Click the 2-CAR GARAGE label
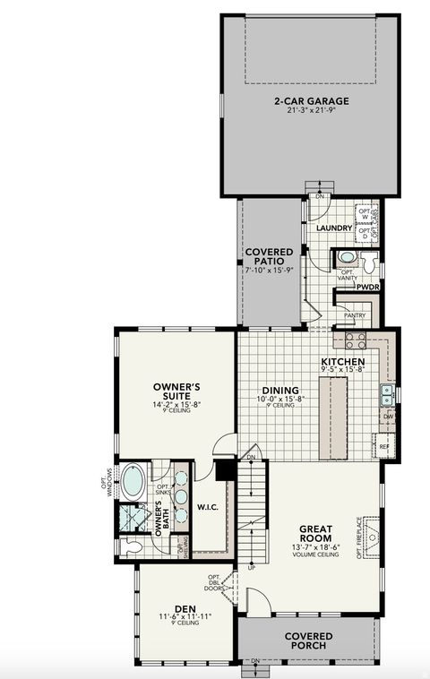tap(311, 100)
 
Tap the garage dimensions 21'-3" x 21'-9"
tap(311, 110)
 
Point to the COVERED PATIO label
tap(267, 259)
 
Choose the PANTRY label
tap(355, 315)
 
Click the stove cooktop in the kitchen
tap(355, 340)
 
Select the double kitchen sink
tap(387, 391)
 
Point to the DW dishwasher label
tap(387, 416)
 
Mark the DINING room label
tap(279, 391)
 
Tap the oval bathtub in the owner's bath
tap(133, 481)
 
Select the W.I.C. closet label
tap(209, 507)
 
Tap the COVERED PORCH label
tap(309, 640)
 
